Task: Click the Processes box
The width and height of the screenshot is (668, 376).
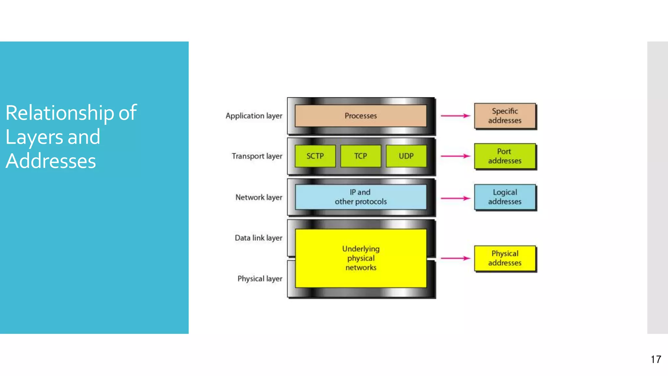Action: click(360, 116)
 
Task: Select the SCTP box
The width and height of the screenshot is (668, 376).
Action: click(315, 156)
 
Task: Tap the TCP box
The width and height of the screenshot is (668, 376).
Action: click(360, 156)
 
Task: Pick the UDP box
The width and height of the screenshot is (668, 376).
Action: click(406, 156)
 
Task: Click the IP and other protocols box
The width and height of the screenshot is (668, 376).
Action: click(360, 197)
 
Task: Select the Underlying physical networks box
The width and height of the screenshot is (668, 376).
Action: click(360, 258)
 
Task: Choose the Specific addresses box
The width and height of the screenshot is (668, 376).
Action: click(505, 116)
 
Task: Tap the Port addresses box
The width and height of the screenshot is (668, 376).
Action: click(505, 156)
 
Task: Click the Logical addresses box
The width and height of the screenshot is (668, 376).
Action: click(505, 197)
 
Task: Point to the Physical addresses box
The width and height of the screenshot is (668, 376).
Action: click(505, 258)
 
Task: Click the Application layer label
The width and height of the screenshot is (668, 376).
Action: click(254, 116)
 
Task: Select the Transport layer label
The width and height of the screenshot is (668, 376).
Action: click(257, 156)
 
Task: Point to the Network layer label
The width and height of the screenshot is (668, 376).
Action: click(259, 197)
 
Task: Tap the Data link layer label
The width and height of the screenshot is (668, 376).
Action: click(258, 238)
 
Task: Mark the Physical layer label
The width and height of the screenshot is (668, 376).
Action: click(260, 279)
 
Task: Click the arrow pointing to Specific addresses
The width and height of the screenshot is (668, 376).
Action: click(455, 116)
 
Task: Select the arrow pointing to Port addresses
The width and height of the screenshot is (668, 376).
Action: click(455, 156)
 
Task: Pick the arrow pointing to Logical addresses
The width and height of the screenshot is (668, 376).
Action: click(455, 198)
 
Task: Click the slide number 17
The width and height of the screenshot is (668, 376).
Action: click(656, 359)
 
